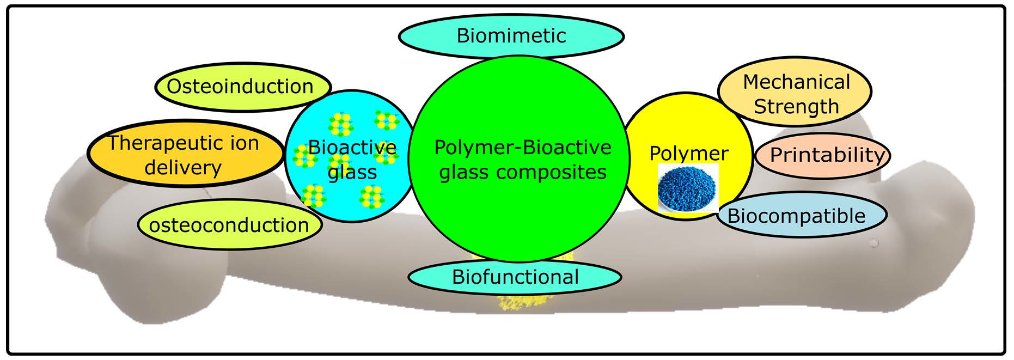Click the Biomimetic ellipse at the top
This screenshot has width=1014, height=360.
coord(511,36)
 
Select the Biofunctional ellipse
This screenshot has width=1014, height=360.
coord(515,277)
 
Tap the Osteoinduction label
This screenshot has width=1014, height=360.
coord(240,87)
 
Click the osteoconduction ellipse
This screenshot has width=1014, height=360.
coord(229,225)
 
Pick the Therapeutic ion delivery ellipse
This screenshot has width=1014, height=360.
coord(184,155)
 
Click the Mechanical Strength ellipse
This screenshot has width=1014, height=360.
coord(796,94)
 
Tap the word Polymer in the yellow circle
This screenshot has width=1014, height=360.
coord(688,154)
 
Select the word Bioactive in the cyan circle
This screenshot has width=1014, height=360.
coord(352,148)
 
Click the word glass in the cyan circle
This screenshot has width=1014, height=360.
coord(352,173)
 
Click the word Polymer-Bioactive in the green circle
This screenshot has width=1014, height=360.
coord(522,148)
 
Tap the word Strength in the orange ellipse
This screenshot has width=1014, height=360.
coord(796,107)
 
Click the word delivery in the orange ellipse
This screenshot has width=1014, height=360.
coord(183,168)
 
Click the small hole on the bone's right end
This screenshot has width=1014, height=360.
coord(874,243)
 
